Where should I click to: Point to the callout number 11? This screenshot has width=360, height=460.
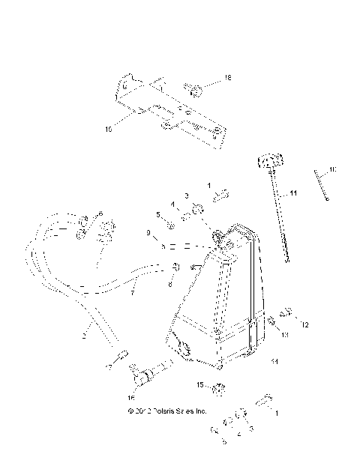point(293,193)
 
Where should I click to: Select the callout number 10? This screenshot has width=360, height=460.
point(332,170)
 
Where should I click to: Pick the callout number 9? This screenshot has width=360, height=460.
point(149,234)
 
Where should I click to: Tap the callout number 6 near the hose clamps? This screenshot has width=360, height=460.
point(100,214)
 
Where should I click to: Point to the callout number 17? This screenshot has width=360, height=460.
point(109,369)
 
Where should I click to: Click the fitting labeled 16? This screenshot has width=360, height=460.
point(146,372)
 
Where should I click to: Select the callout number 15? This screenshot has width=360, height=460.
point(200,385)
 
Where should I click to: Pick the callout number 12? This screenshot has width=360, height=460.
point(306,325)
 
